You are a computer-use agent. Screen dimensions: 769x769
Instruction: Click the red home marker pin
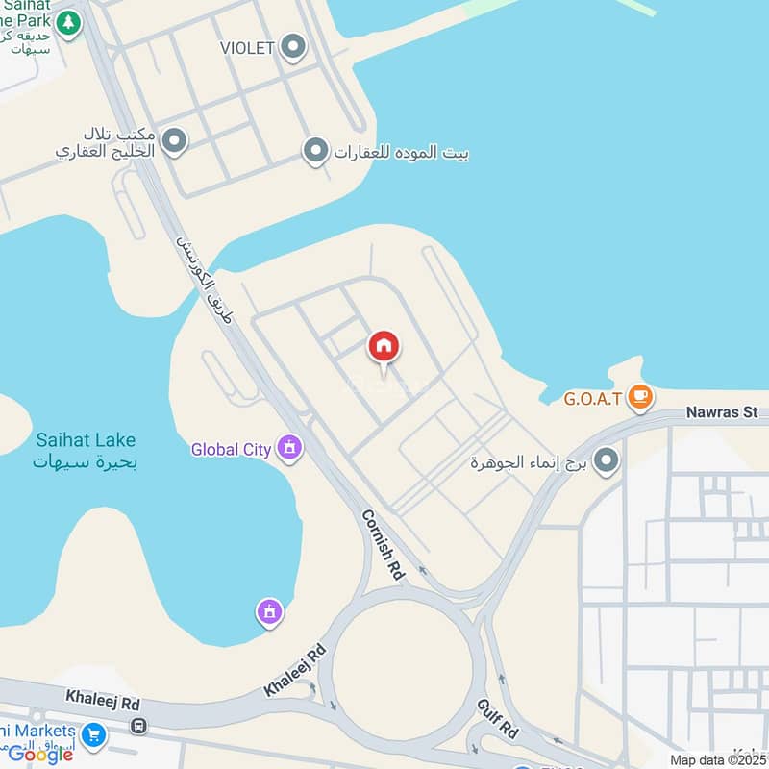coord(384,347)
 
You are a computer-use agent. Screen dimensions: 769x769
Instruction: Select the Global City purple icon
coord(288,447)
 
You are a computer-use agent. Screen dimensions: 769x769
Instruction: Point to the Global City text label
coord(231,449)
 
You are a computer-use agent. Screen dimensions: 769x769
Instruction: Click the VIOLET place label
coord(247,47)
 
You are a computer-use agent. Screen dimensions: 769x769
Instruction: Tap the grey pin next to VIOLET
coord(294,46)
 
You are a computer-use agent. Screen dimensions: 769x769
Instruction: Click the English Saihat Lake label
coord(86,440)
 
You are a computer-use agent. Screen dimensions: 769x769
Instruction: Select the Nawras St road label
coord(722,412)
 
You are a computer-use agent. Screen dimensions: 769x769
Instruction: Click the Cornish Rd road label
coord(383,544)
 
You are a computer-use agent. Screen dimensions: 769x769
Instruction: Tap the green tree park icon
coord(67,23)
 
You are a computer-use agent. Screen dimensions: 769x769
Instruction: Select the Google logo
coord(40,755)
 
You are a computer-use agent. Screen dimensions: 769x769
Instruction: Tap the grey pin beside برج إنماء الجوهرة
coord(606,462)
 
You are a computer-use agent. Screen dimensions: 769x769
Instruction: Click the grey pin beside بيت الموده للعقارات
coord(315,151)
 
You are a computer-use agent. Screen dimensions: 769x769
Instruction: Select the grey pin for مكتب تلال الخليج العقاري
coord(174,142)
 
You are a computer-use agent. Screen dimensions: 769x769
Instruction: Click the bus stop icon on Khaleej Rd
coord(139,726)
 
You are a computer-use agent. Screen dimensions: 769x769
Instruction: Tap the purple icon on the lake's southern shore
coord(270,609)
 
